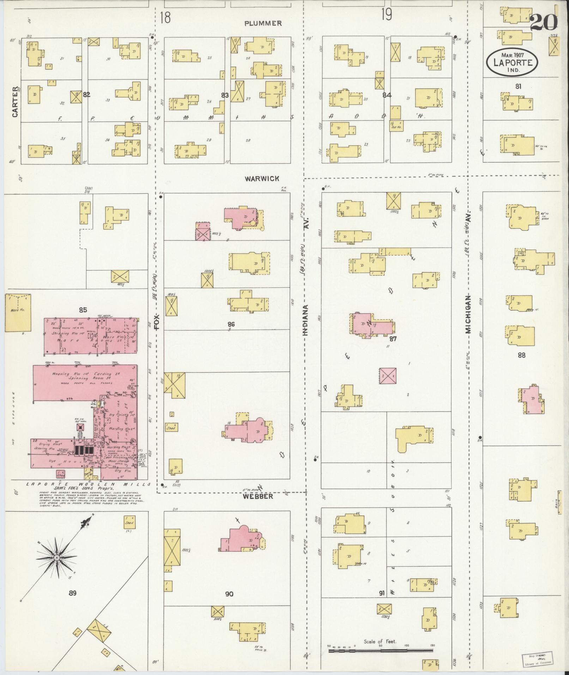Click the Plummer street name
[x=264, y=23]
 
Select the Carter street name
[x=15, y=102]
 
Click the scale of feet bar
[x=381, y=650]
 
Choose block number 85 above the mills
[x=83, y=310]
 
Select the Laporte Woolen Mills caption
[x=88, y=485]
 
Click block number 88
[x=521, y=355]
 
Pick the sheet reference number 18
[x=165, y=17]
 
